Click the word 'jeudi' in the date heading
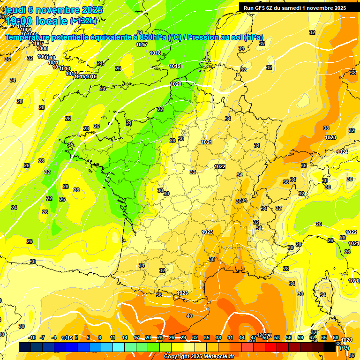[x=15, y=10]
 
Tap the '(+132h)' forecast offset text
[x=83, y=21]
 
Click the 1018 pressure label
[x=155, y=53]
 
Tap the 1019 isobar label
[x=175, y=66]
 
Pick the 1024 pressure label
[x=342, y=152]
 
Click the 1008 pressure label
[x=42, y=48]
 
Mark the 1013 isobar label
[x=65, y=68]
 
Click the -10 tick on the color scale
[x=32, y=337]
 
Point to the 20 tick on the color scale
[x=148, y=337]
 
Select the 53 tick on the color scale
[x=277, y=337]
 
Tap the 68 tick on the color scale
[x=336, y=337]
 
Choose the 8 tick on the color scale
[x=100, y=337]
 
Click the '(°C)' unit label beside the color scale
[x=344, y=348]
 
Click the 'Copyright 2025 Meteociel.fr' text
[x=199, y=356]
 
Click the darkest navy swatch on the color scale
[x=25, y=347]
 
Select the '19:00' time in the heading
[x=19, y=21]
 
